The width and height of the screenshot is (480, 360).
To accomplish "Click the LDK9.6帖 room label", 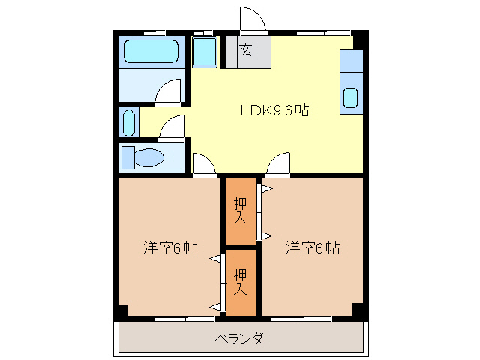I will tap(274, 110).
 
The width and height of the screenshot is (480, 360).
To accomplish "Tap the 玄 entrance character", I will tap(245, 51).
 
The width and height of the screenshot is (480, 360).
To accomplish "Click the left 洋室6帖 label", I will tap(170, 248).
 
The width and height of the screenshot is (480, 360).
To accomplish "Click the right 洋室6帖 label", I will tap(312, 248).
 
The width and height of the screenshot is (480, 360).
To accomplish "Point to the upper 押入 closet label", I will tap(241, 211).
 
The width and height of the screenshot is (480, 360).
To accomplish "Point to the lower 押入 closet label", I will tap(241, 280).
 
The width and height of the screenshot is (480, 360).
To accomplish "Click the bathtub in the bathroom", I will tap(152, 52).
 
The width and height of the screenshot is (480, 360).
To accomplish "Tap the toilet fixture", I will tap(145, 158).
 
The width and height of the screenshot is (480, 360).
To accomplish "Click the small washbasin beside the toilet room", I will tap(128, 122).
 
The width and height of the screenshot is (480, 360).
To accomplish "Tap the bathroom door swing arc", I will tap(169, 93).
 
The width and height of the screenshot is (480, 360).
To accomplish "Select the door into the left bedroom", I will tap(202, 164).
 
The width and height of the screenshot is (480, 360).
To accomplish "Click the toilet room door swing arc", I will tap(173, 128).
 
